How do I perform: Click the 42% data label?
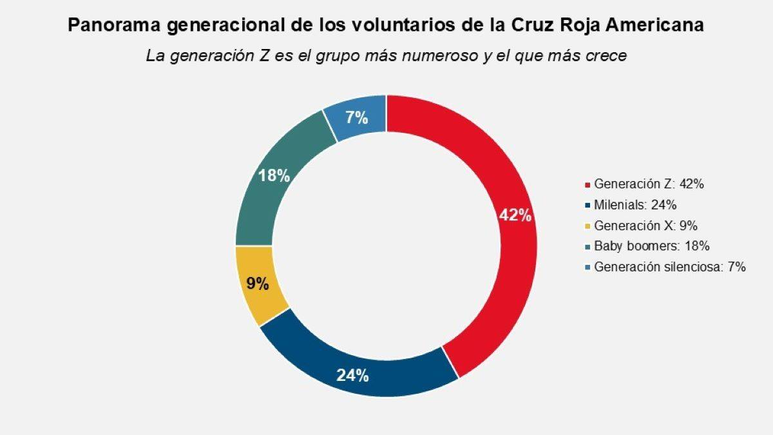[515, 216]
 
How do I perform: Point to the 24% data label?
[352, 375]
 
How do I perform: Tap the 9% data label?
[257, 283]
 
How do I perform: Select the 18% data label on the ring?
[274, 175]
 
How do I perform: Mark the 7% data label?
[356, 118]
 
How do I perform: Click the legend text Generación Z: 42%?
[649, 184]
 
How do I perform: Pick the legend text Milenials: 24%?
[635, 205]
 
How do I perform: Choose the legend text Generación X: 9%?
[645, 226]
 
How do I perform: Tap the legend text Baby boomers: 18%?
[651, 246]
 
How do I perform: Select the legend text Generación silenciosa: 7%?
[670, 267]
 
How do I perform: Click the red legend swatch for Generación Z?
[587, 185]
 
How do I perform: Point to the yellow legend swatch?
[587, 226]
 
